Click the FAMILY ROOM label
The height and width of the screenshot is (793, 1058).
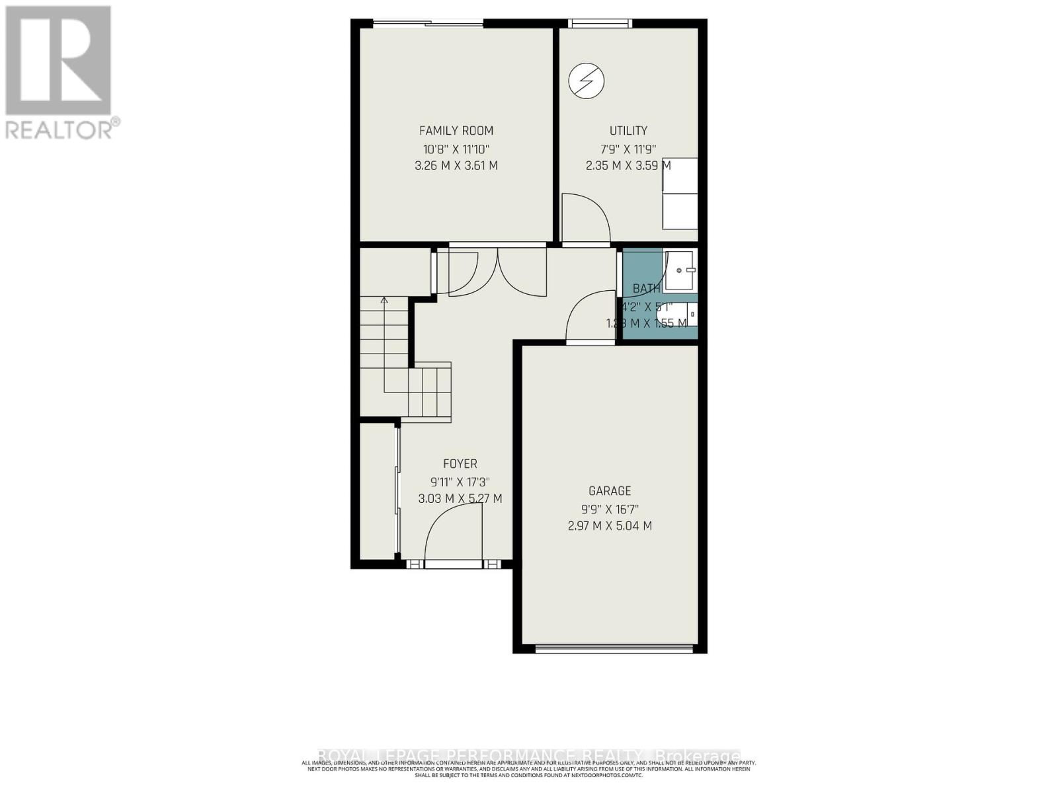click(456, 131)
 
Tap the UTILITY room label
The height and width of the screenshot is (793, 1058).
click(628, 131)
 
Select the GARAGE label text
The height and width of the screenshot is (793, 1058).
click(610, 491)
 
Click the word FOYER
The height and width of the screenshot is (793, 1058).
click(460, 465)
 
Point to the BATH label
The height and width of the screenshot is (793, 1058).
click(646, 289)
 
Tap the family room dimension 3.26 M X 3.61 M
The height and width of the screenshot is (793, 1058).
click(456, 166)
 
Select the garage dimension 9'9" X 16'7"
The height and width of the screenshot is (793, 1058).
click(610, 509)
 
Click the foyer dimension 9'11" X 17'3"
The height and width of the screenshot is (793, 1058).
click(460, 482)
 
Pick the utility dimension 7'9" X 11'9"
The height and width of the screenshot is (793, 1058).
click(628, 149)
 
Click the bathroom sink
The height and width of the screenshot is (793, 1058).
click(680, 270)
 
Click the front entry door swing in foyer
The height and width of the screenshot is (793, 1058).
click(453, 535)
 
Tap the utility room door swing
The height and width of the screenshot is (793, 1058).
click(585, 218)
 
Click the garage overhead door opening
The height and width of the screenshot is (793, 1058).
click(615, 648)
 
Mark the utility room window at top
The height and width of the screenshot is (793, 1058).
click(600, 24)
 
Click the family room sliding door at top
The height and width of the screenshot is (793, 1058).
click(428, 24)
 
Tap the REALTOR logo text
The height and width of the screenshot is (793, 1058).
click(62, 128)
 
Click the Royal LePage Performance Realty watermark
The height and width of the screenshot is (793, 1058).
click(529, 755)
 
